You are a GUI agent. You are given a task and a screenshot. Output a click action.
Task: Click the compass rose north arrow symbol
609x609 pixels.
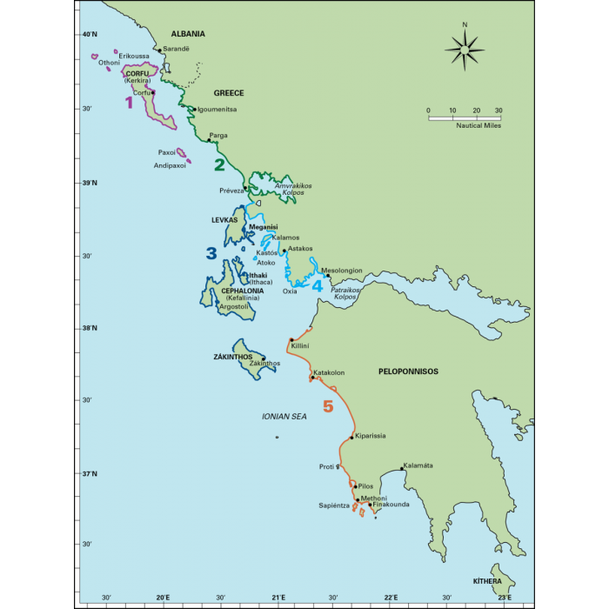(465, 50)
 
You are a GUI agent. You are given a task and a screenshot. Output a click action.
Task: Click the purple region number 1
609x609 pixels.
(130, 103)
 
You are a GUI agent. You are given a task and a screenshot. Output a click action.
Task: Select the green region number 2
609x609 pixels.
(220, 164)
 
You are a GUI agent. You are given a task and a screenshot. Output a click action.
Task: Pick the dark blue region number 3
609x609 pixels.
(211, 253)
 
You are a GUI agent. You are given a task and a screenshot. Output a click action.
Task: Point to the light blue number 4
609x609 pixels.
(318, 285)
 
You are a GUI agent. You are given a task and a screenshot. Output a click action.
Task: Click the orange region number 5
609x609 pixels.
(328, 406)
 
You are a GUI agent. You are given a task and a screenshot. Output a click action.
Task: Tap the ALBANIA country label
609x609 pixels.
(188, 34)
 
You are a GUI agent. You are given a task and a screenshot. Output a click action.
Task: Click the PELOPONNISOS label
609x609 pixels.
(408, 371)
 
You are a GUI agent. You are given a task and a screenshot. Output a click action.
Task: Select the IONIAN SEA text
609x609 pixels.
(285, 417)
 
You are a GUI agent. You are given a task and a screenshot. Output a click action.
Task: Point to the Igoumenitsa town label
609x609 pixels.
(217, 110)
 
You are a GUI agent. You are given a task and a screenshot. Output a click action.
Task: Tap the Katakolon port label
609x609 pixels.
(329, 372)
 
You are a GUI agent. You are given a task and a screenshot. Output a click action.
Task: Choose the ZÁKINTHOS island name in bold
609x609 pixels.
(232, 357)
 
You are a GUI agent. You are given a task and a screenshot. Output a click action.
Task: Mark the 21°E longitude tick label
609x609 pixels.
(278, 598)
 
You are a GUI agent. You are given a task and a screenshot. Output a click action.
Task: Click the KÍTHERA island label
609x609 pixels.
(488, 580)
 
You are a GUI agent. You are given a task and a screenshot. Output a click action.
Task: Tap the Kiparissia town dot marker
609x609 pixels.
(351, 438)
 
